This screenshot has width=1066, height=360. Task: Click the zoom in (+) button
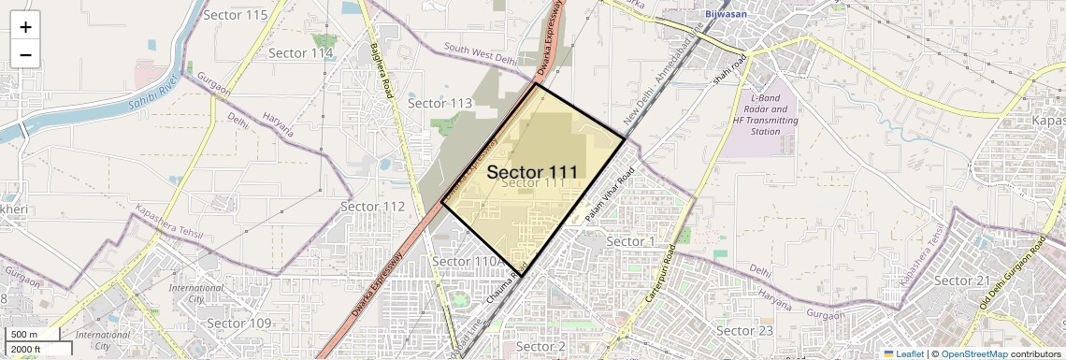click(x=25, y=27)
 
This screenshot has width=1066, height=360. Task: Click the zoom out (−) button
click(x=25, y=55)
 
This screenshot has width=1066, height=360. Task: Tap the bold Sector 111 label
click(x=531, y=172)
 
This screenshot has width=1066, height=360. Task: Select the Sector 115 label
click(x=235, y=15)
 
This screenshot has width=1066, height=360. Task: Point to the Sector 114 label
click(x=300, y=53)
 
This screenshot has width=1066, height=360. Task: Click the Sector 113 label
click(x=439, y=104)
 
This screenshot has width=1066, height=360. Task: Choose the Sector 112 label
click(x=372, y=207)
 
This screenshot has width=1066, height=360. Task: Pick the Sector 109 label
click(x=238, y=324)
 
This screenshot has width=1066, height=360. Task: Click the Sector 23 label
click(x=743, y=331)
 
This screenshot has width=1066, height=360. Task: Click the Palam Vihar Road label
click(x=610, y=194)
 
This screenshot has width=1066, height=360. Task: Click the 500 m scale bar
click(x=33, y=334)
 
